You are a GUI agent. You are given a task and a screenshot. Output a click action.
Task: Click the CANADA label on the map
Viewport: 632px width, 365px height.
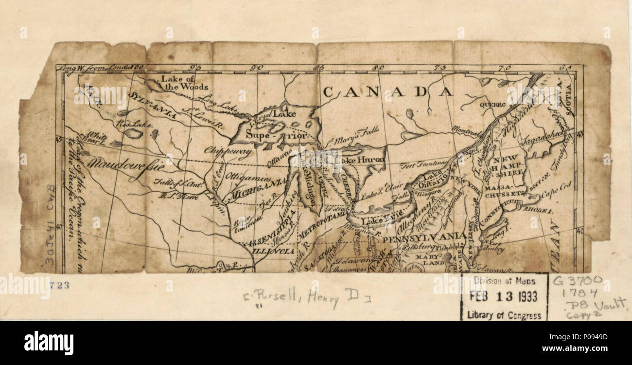coord(388,91)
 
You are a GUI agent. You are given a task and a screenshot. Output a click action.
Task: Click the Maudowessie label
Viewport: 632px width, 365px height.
coord(125,164)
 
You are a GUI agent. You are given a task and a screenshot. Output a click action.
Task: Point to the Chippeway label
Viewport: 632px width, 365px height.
coord(228,152)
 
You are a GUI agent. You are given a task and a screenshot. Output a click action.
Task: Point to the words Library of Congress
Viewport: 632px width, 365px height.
coord(504,315)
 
